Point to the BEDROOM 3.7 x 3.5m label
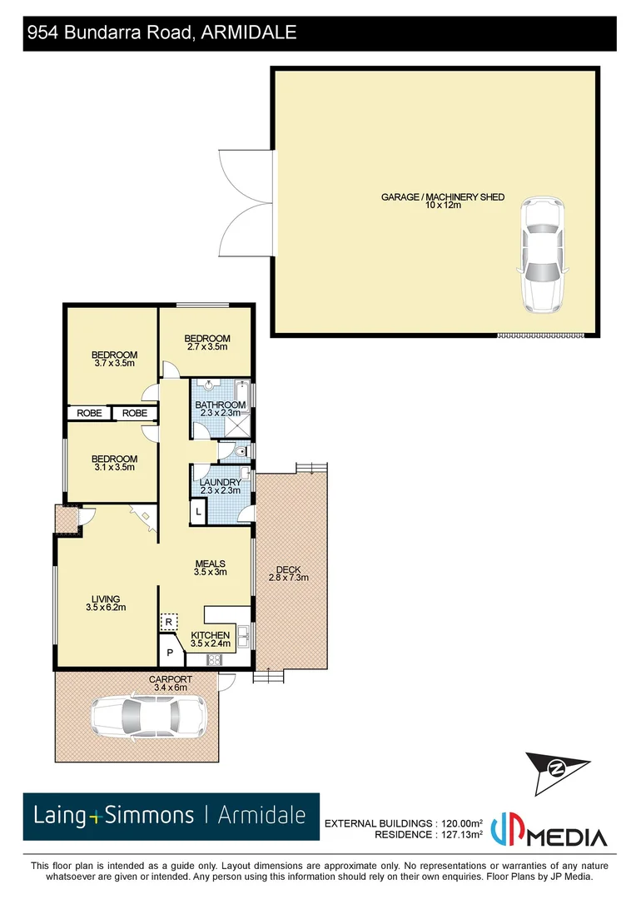coord(114,359)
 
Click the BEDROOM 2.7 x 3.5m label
coord(206,342)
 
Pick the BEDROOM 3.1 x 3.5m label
coord(114,463)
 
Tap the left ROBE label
coord(90,413)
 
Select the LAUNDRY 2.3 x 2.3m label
coord(221,486)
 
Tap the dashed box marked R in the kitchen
coord(168,622)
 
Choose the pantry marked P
coord(170,653)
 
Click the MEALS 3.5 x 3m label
coord(210,568)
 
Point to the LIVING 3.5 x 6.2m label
coord(105,603)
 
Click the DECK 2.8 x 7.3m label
coord(288,574)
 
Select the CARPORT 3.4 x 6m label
coord(171,683)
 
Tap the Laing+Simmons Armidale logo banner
coord(171,816)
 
